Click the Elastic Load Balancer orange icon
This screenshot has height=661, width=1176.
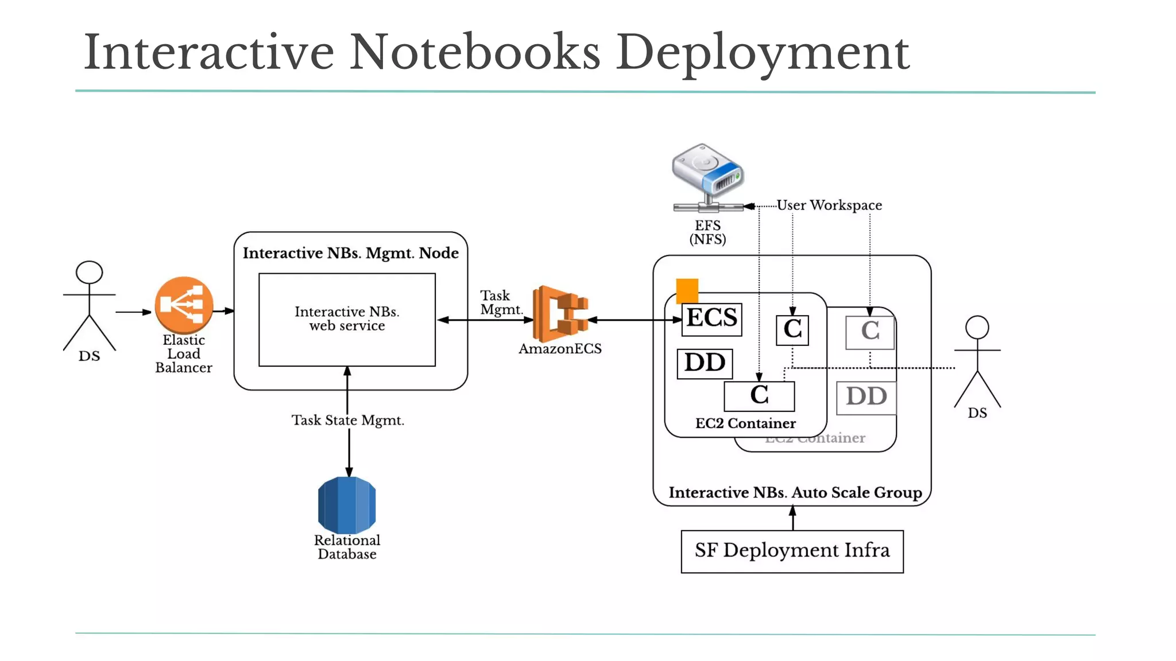tap(184, 305)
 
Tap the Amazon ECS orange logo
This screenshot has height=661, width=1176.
tap(560, 314)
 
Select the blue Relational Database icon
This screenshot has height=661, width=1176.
tap(347, 505)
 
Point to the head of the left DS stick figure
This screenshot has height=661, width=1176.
tap(90, 273)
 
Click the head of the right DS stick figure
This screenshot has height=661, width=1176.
tap(977, 328)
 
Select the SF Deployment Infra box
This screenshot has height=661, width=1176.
tap(792, 551)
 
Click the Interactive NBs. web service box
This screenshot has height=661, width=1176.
tap(347, 320)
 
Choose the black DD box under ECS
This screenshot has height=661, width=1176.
tap(705, 363)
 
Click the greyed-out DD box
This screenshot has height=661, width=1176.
tap(866, 397)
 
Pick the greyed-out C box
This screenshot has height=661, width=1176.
tap(869, 332)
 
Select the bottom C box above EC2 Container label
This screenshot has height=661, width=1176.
tap(759, 396)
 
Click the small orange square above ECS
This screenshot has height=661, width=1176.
tap(687, 290)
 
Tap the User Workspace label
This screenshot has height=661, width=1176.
tap(829, 205)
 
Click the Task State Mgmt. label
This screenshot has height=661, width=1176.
tap(348, 421)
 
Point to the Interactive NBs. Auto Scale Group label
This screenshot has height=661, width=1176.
tap(795, 493)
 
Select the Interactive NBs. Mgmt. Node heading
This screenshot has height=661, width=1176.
tap(350, 254)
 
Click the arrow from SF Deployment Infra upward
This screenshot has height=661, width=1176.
tap(792, 518)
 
